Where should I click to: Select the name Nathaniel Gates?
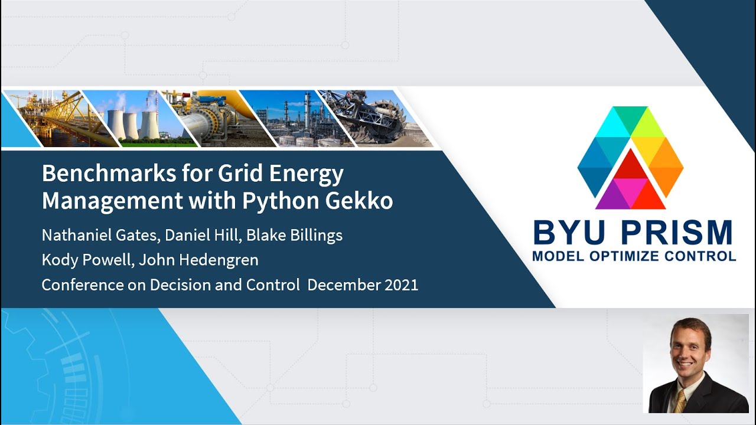[x=100, y=235]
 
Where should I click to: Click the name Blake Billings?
[x=294, y=235]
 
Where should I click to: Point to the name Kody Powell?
[x=86, y=260]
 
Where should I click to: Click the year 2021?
[x=402, y=285]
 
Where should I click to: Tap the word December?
[x=343, y=285]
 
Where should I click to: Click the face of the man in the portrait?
[x=690, y=349]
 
